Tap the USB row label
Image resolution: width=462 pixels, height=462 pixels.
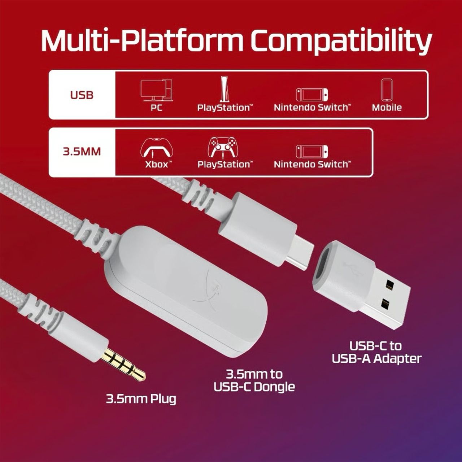click(x=82, y=95)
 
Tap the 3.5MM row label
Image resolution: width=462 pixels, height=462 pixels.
click(x=82, y=152)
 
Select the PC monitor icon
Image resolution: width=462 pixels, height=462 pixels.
click(x=157, y=91)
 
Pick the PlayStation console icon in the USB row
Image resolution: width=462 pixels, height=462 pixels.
click(x=225, y=89)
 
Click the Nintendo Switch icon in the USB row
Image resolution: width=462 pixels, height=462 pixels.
click(x=312, y=95)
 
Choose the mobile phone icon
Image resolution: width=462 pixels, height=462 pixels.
click(x=387, y=90)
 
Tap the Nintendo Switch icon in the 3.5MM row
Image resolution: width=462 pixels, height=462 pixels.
click(x=312, y=151)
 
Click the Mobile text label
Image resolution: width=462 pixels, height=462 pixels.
click(x=387, y=108)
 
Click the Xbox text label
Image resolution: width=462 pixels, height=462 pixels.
click(x=158, y=165)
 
